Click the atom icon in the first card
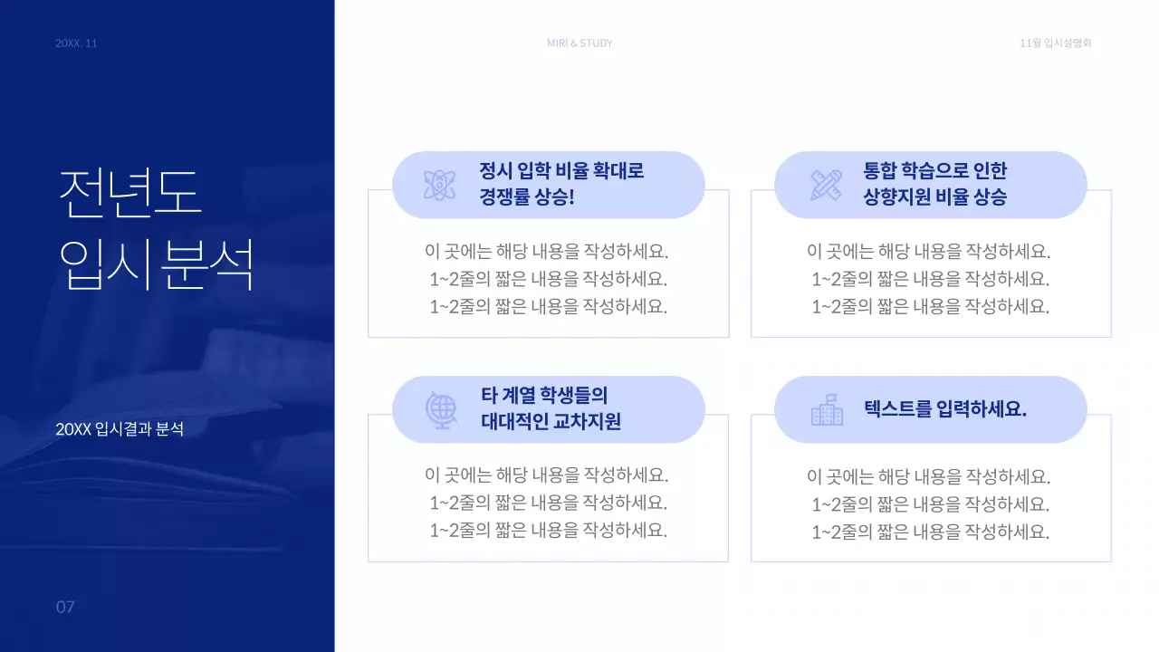tap(440, 186)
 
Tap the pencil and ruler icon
tap(826, 185)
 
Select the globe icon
tap(441, 409)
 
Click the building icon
tap(827, 410)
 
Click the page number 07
tap(65, 607)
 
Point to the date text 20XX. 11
tap(76, 43)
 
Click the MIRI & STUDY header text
tap(579, 43)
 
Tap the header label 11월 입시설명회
tap(1055, 43)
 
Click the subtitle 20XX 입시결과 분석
tap(120, 429)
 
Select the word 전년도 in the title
tap(130, 193)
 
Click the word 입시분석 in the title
tap(156, 264)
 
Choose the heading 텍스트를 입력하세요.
tap(945, 409)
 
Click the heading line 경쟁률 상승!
tap(527, 197)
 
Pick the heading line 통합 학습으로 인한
tap(935, 171)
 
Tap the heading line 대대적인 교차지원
tap(551, 421)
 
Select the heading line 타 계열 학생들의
tap(543, 395)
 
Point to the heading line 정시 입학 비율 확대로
tap(561, 171)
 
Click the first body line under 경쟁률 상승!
tap(548, 251)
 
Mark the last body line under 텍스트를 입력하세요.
tap(930, 532)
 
